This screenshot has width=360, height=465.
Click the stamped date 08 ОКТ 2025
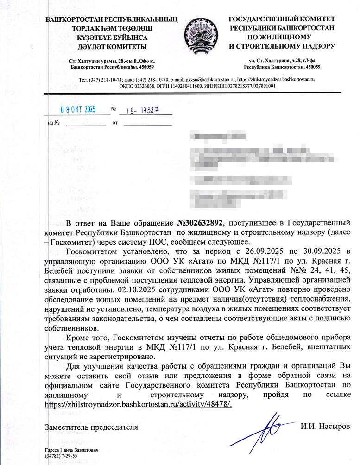click(x=78, y=110)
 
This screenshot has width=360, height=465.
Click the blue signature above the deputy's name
click(x=269, y=425)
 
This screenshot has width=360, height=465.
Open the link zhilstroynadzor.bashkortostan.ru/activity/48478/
click(x=138, y=404)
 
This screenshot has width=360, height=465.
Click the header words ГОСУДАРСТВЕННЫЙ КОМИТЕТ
click(x=282, y=19)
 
